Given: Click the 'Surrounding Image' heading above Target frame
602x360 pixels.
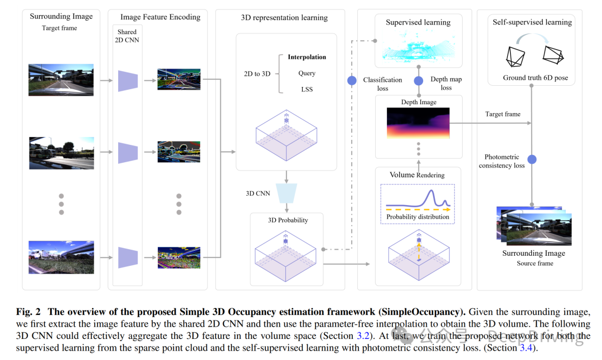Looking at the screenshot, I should coord(61,17).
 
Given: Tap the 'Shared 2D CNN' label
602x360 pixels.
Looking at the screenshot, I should coord(127,36).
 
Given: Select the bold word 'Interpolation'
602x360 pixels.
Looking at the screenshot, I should coord(307,57).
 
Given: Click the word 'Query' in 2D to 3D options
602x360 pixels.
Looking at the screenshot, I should coord(307,73).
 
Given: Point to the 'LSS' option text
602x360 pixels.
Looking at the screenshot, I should coord(307,89).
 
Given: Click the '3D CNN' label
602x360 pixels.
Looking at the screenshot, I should coord(258,193).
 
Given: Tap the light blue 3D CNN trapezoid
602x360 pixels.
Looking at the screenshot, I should coord(287,193).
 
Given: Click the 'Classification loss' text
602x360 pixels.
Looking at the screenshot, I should coord(382,84).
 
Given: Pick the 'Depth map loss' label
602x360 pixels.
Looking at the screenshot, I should coord(446,84).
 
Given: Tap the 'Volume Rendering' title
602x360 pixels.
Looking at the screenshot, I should coord(417,175).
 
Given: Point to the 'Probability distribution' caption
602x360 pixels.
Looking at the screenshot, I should coord(417,217).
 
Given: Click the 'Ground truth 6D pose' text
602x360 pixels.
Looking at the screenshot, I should coord(535,78).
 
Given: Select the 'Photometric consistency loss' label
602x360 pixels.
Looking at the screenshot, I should coord(502,162).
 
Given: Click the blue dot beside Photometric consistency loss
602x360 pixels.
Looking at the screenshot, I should coord(532,159).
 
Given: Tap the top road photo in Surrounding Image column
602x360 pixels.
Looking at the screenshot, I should coord(61,80).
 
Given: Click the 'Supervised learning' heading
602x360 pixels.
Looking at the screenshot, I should coord(419,23).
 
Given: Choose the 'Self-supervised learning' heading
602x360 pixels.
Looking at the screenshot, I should coord(532,22).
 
